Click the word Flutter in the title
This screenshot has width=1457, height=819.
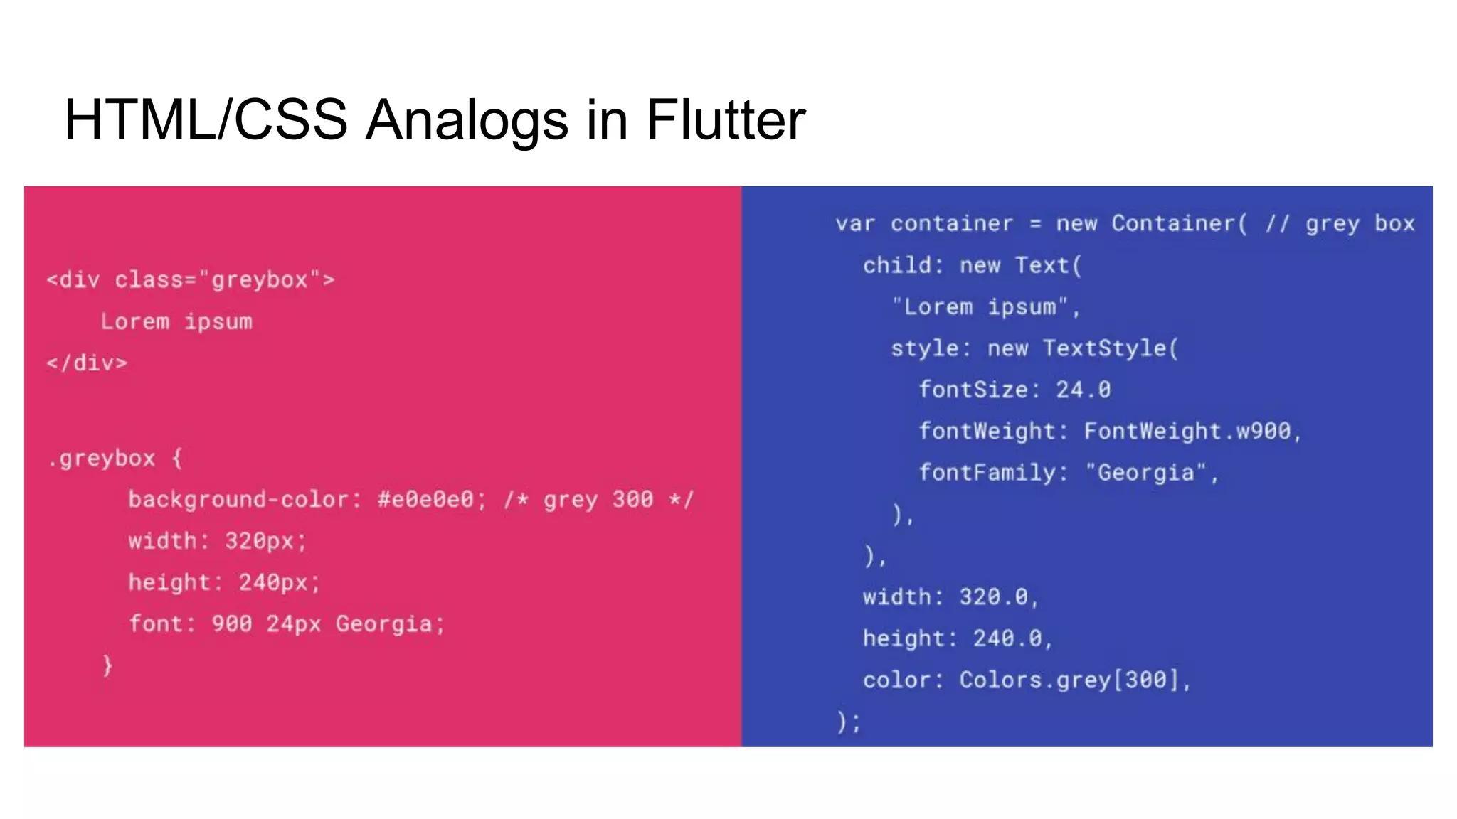(x=726, y=119)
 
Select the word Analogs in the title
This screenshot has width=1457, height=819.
(x=467, y=119)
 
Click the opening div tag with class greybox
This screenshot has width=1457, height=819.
(x=190, y=279)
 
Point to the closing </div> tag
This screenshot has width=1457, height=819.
(x=87, y=363)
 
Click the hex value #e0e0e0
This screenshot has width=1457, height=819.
(x=425, y=499)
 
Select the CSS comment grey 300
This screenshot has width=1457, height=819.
(x=598, y=499)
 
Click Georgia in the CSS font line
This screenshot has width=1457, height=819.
(x=384, y=624)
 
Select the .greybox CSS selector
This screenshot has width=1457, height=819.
(x=102, y=459)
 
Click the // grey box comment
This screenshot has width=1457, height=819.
(x=1340, y=223)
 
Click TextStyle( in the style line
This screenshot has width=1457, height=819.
(x=1111, y=348)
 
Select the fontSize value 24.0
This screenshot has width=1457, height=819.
(x=1083, y=390)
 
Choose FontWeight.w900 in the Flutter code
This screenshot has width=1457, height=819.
(x=1187, y=431)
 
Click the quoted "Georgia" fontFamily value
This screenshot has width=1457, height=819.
(x=1145, y=473)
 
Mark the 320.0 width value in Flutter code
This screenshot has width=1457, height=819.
(x=993, y=597)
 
